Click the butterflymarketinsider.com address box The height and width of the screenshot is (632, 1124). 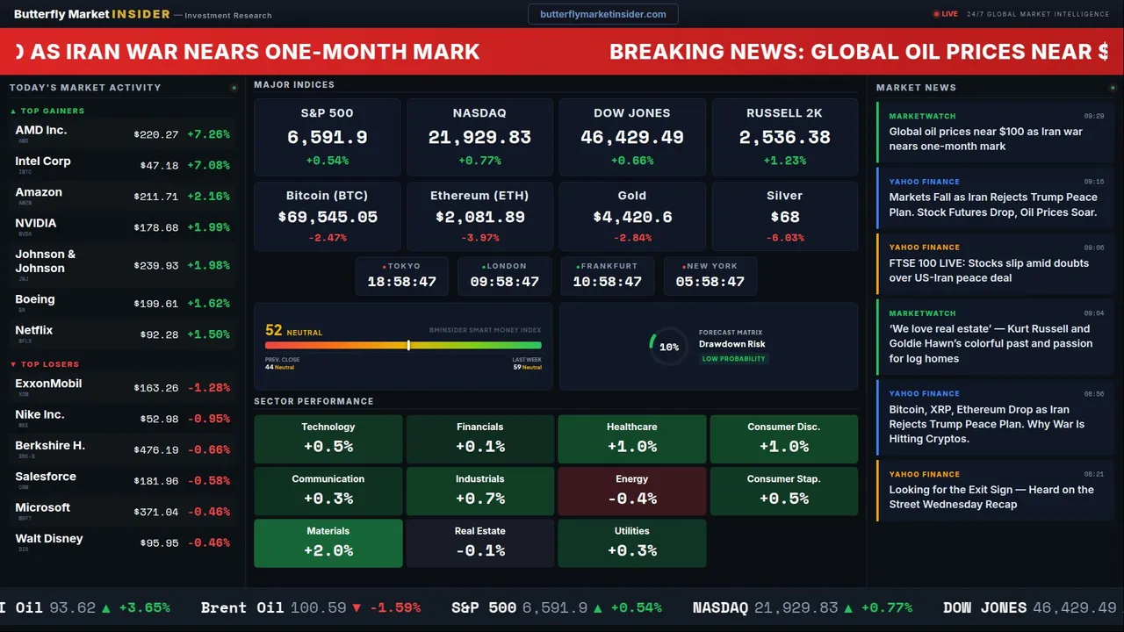pos(602,14)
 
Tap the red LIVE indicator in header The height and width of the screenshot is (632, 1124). pos(946,14)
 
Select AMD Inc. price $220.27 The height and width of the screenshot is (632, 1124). pos(156,134)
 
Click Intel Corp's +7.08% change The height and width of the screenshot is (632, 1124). pos(208,165)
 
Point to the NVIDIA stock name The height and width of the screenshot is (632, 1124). pos(36,223)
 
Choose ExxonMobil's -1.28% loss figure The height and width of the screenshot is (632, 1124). pos(208,387)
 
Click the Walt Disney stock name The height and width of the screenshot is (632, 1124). pos(49,538)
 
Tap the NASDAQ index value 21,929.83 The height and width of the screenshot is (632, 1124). pos(479,138)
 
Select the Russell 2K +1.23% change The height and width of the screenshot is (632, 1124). pos(784,161)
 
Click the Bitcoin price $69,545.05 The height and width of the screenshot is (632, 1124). pos(328,217)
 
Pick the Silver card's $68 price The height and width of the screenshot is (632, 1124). pos(784,217)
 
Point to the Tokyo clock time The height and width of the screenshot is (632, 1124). pos(401,282)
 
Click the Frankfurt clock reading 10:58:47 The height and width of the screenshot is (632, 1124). pos(607,282)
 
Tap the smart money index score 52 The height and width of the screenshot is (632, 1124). pos(274,330)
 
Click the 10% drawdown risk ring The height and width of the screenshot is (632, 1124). pos(668,347)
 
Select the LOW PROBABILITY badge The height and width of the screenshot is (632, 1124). pos(733,359)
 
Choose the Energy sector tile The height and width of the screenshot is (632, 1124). pos(631,491)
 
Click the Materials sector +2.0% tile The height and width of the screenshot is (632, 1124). pos(328,542)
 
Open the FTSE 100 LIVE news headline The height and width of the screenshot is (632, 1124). pos(989,270)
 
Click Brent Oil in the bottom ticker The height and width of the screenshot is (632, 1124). pos(242,607)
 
